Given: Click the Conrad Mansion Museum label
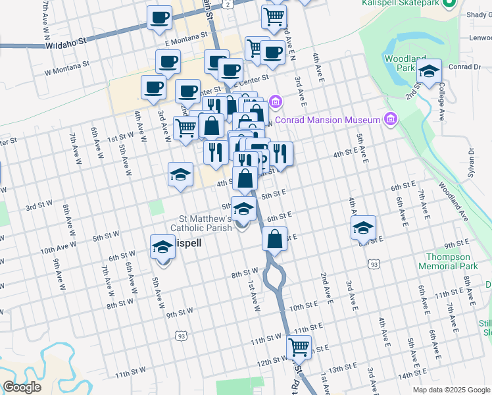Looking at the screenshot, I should click(328, 120).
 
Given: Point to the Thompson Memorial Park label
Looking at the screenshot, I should click(448, 261).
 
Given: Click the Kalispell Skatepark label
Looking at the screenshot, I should click(400, 3).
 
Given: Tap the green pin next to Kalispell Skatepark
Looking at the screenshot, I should click(450, 3).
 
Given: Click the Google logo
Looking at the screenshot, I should click(22, 387).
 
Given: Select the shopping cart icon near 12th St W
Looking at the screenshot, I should click(299, 346).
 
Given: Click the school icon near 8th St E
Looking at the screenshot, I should click(363, 228).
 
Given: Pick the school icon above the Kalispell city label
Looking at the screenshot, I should click(163, 247).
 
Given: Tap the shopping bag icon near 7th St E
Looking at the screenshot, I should click(275, 238).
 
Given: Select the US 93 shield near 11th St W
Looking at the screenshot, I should click(180, 336).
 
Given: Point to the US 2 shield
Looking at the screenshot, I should click(226, 4).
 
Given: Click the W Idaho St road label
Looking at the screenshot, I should click(66, 43).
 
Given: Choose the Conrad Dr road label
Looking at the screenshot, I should click(465, 66).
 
